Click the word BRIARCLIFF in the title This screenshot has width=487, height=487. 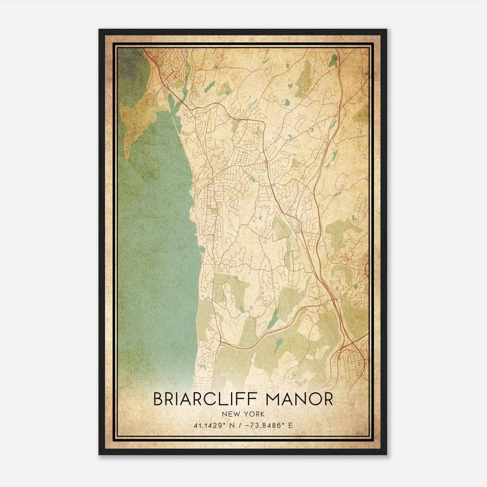tap(206, 399)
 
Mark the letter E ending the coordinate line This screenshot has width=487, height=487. tap(291, 425)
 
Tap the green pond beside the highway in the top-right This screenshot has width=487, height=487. tap(334, 61)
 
